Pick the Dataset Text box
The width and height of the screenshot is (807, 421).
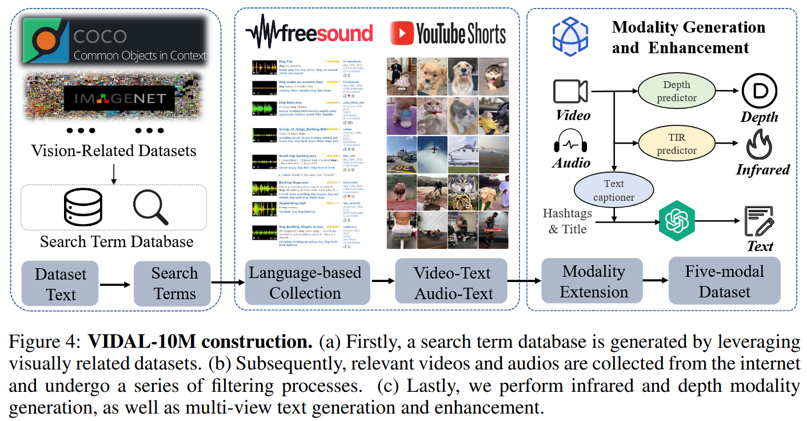tap(61, 284)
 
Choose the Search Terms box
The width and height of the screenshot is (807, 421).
tap(174, 284)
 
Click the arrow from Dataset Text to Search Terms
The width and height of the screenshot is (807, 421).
tap(116, 284)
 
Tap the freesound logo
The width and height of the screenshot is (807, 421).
tap(309, 33)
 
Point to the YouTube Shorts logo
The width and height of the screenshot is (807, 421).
tap(448, 34)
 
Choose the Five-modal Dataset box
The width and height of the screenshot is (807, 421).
tap(724, 281)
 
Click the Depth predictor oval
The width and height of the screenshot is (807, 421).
tap(677, 91)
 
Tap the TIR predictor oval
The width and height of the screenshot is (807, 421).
tap(677, 143)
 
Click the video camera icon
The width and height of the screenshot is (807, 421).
tap(570, 92)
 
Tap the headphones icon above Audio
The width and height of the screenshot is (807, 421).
tap(569, 141)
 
